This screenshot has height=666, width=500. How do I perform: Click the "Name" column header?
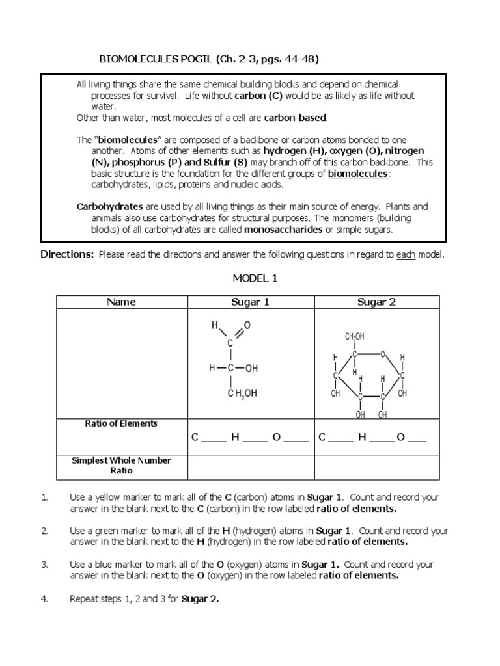click(x=122, y=302)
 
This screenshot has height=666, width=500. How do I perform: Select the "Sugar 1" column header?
click(x=250, y=302)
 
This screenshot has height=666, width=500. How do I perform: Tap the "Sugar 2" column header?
click(x=376, y=302)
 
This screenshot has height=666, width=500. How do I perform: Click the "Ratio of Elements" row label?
click(x=121, y=423)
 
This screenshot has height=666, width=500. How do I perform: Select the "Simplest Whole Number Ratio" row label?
click(x=121, y=465)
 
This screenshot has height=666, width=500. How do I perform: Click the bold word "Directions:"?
click(x=68, y=254)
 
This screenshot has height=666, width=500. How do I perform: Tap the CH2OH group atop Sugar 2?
click(x=354, y=337)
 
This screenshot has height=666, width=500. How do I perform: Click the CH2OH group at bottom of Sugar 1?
click(x=242, y=393)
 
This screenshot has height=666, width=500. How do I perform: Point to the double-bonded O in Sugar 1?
click(x=247, y=325)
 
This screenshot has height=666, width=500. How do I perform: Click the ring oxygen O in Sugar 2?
click(x=383, y=354)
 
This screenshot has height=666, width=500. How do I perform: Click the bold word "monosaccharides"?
click(x=284, y=230)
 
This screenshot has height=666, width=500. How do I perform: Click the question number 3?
click(x=45, y=565)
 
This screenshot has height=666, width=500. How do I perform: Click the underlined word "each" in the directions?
click(x=406, y=255)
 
